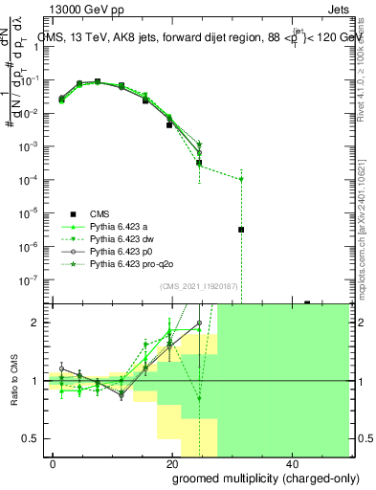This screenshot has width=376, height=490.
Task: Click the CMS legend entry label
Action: pos(100,213)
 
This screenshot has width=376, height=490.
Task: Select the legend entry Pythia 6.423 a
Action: pos(127,226)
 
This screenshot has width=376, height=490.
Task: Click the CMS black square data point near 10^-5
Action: pos(242,230)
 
